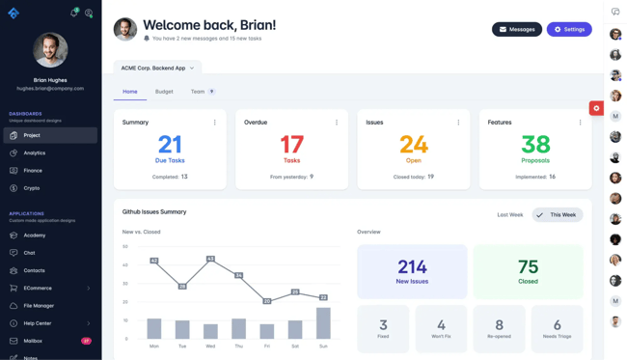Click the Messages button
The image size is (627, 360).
[516, 29]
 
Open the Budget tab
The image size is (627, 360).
[164, 92]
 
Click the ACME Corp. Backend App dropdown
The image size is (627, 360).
[157, 68]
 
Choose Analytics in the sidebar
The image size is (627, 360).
[35, 152]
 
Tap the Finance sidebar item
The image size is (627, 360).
[33, 171]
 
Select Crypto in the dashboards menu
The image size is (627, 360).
[32, 188]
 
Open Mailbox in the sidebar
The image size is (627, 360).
[33, 341]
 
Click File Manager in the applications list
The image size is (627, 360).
[40, 306]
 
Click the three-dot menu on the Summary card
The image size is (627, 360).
[214, 123]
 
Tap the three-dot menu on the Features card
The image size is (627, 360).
[580, 123]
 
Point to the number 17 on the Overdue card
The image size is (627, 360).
[291, 145]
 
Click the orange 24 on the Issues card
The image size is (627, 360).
[413, 145]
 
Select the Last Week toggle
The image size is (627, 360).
[509, 214]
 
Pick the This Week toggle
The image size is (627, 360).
[558, 214]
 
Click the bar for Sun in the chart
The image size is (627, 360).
[323, 323]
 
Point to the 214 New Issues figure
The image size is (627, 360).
[412, 267]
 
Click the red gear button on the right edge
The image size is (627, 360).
[596, 108]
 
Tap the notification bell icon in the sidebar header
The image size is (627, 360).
[73, 14]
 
